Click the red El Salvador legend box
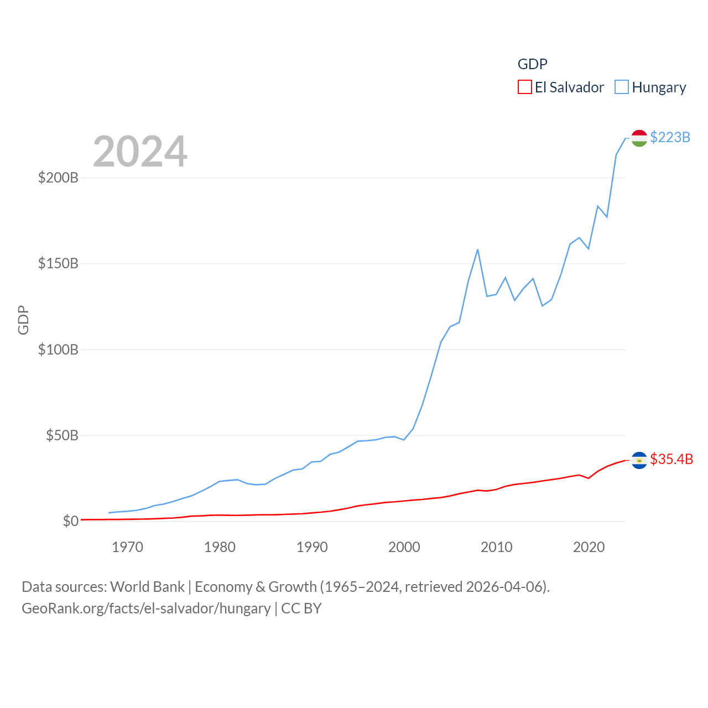click(524, 87)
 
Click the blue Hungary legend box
click(622, 87)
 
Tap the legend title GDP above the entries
click(532, 64)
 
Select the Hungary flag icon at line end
click(639, 138)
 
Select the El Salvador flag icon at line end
click(639, 460)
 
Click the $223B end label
click(670, 137)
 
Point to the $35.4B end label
click(671, 459)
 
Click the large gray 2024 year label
click(140, 152)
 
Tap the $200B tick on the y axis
click(58, 178)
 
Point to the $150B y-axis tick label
click(58, 263)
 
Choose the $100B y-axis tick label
click(58, 350)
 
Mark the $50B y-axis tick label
click(62, 435)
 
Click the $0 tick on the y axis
click(70, 521)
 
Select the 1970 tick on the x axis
click(127, 547)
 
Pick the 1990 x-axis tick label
click(312, 547)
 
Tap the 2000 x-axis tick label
click(404, 547)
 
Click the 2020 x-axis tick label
click(589, 547)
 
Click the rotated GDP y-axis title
click(23, 320)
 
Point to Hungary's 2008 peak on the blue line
click(477, 249)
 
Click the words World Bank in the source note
click(147, 586)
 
